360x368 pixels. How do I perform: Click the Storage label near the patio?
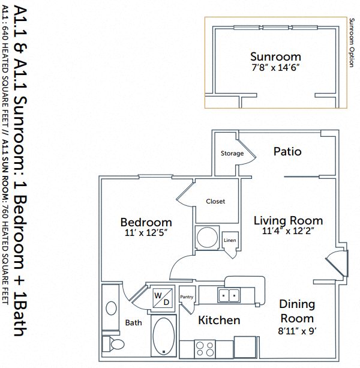click(x=232, y=154)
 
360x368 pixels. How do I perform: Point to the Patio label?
click(x=287, y=152)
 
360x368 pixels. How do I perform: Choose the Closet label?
click(x=215, y=202)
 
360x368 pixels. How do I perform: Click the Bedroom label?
click(x=146, y=222)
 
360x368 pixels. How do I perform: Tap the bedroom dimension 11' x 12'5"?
click(x=146, y=233)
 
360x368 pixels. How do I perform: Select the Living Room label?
click(x=288, y=220)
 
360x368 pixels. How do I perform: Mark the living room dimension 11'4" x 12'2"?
click(x=288, y=231)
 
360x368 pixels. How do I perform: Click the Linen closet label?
click(x=230, y=241)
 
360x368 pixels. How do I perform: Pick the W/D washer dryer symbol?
click(x=162, y=297)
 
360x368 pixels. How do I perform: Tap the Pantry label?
click(x=187, y=297)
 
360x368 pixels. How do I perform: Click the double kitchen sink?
click(x=228, y=295)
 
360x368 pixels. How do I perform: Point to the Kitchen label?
click(x=219, y=321)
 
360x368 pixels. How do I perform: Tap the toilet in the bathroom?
click(x=114, y=344)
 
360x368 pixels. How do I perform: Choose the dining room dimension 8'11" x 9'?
click(x=297, y=330)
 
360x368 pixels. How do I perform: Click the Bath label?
click(x=133, y=323)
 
